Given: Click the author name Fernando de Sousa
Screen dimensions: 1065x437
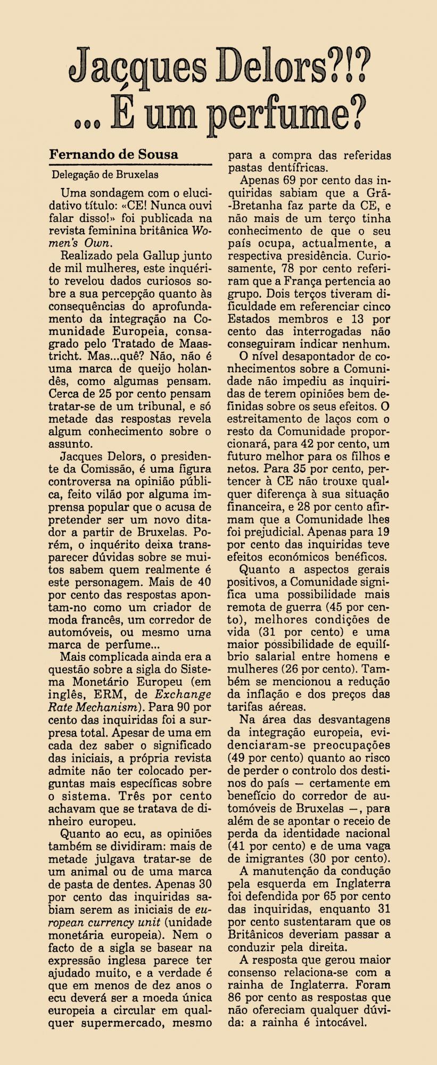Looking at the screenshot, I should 113,154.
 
